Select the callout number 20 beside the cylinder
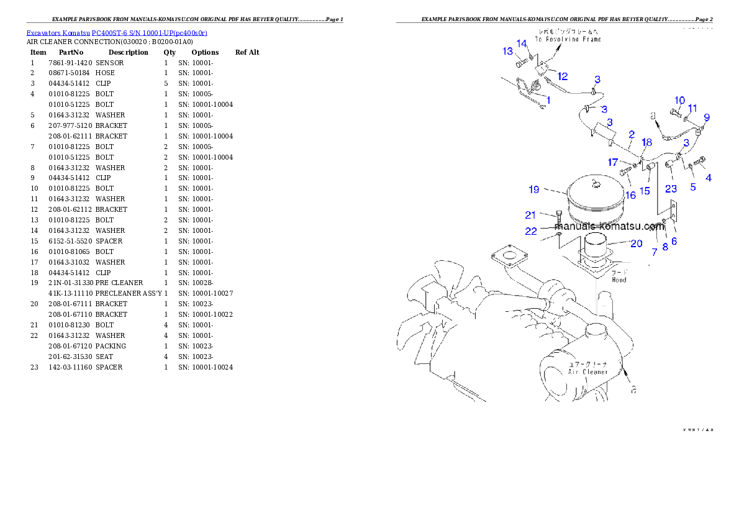(x=636, y=243)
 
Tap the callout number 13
(x=508, y=51)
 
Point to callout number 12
(x=562, y=76)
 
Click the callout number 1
(x=548, y=99)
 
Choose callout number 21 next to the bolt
(x=530, y=215)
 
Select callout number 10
(x=679, y=100)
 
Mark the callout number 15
(x=645, y=191)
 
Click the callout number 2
(x=631, y=134)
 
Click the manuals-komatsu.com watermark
(x=596, y=226)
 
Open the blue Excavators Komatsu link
(x=117, y=32)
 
